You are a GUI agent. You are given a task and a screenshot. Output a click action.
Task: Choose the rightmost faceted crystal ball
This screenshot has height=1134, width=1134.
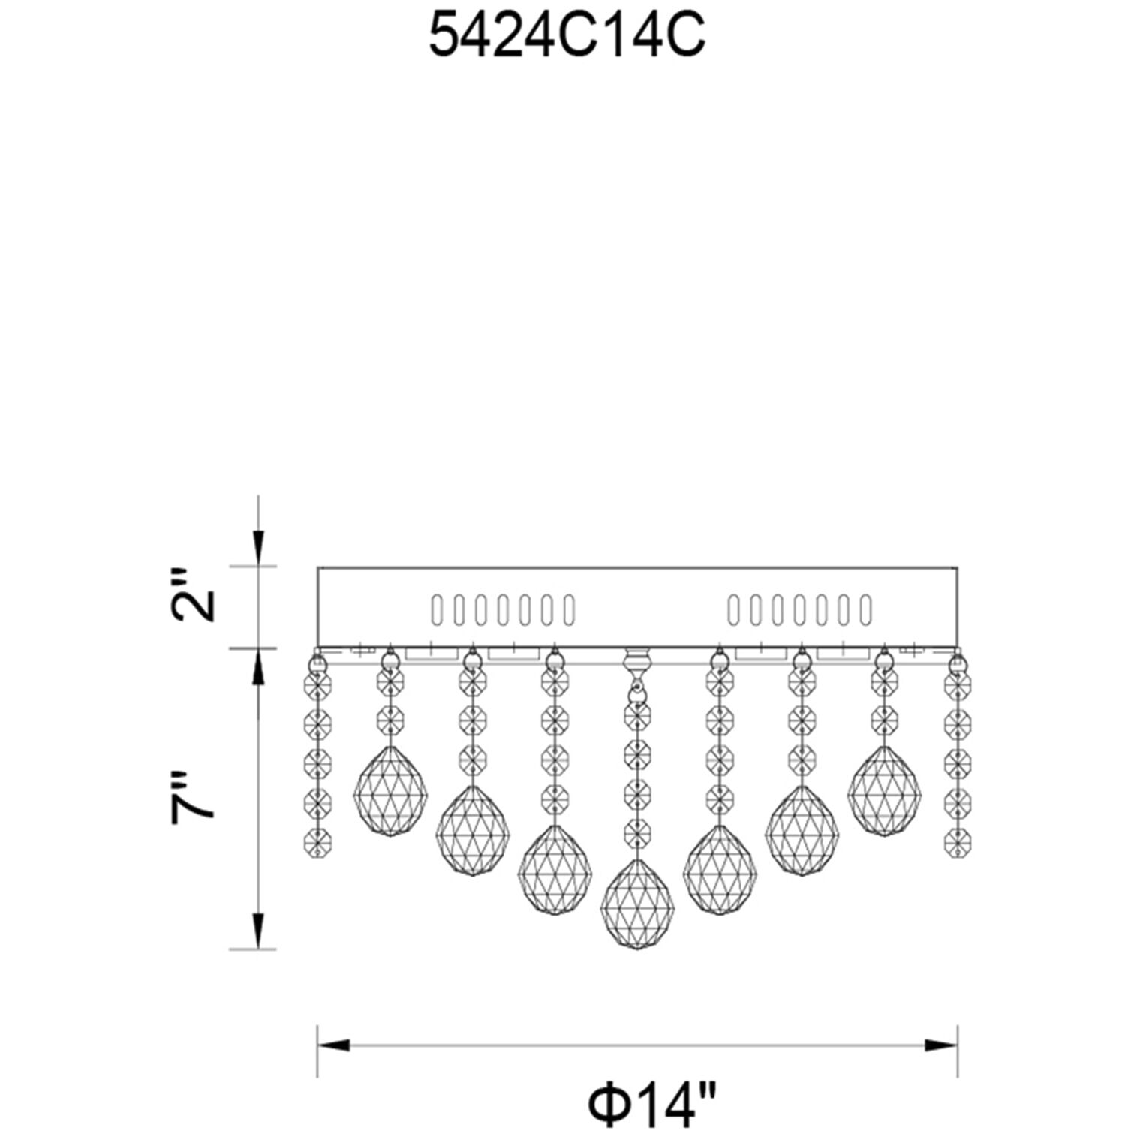884,791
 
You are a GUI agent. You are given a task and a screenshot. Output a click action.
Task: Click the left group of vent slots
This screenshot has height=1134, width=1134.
502,610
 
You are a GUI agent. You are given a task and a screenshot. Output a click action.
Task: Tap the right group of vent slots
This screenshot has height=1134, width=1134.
800,610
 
